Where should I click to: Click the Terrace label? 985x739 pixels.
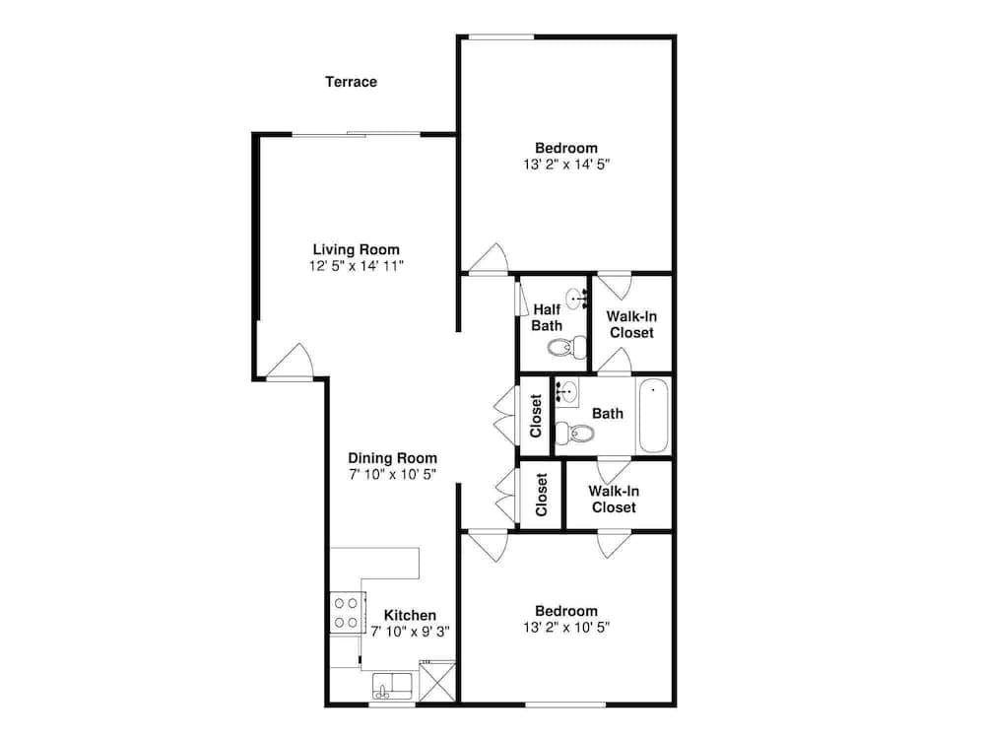point(352,82)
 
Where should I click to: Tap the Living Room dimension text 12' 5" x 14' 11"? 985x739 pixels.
point(357,266)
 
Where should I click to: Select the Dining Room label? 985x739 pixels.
point(393,458)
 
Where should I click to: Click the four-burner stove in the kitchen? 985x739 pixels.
point(346,613)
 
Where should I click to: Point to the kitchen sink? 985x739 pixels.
point(392,686)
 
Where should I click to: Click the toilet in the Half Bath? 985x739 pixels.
point(567,347)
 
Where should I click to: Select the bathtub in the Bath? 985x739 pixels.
point(654,416)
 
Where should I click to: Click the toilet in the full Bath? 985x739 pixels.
point(575,433)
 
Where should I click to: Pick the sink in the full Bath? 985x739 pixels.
point(566,392)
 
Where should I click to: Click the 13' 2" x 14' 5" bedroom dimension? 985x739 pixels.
point(566,165)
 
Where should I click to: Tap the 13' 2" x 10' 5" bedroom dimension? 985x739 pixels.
point(566,627)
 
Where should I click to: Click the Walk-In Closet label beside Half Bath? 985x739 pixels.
point(631,325)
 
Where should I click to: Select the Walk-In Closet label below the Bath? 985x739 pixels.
point(614,499)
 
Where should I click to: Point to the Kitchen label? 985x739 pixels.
point(410,615)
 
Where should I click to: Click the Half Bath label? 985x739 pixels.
point(547,317)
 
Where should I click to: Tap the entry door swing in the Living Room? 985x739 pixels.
point(291,362)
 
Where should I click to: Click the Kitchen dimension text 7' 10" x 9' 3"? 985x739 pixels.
point(410,632)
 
